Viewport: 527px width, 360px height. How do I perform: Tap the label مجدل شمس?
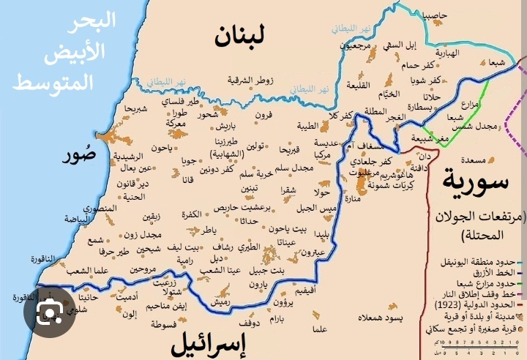[x=496, y=125]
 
